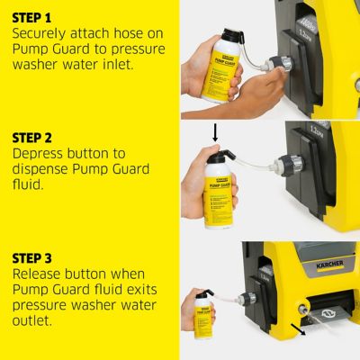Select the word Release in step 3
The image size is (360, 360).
40,274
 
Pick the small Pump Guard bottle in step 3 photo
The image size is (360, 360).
206,311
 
